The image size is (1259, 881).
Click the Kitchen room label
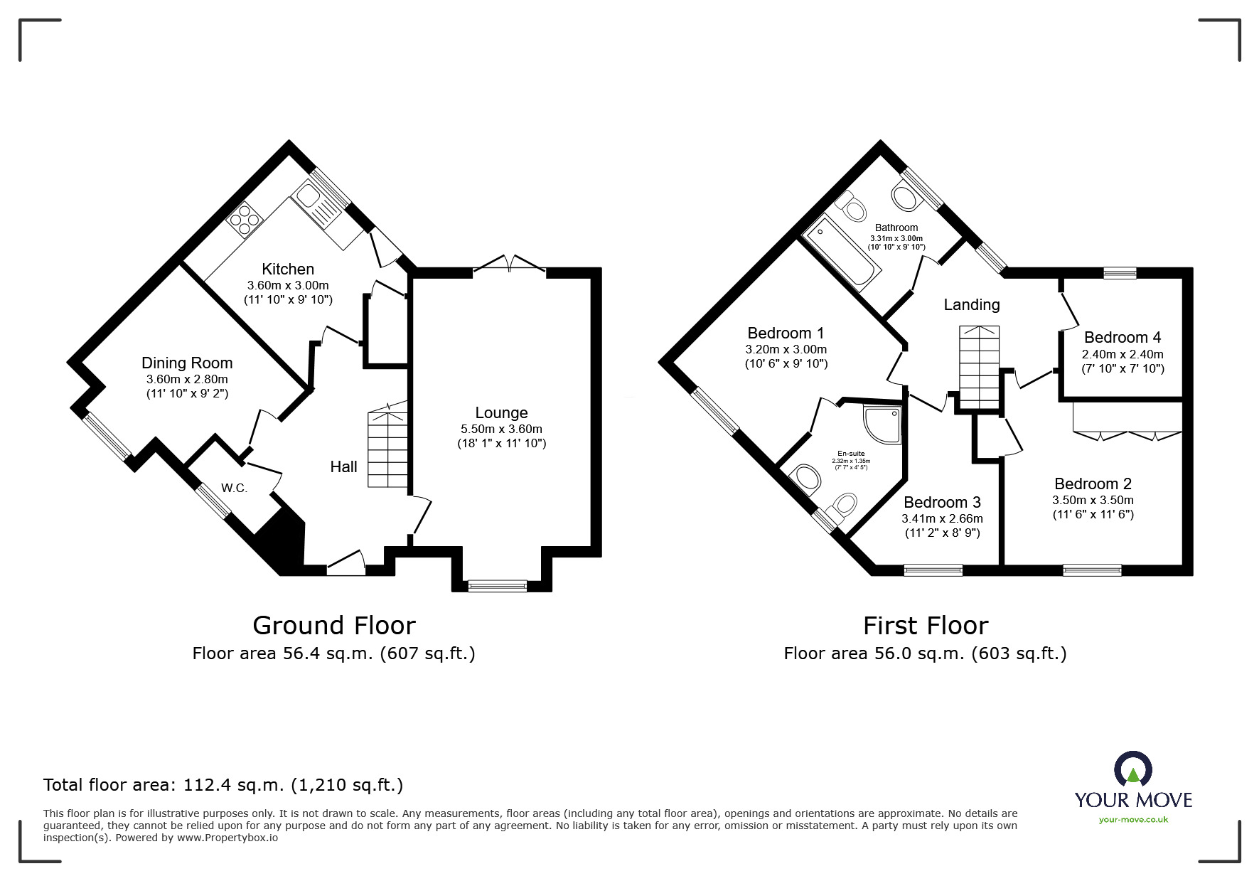click(x=288, y=269)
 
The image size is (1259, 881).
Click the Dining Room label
click(x=187, y=363)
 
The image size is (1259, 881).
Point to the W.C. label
click(x=234, y=488)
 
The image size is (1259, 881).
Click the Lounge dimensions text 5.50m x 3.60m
click(x=501, y=429)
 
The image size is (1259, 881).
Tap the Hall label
click(x=343, y=466)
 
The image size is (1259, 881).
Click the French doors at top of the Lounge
click(x=509, y=264)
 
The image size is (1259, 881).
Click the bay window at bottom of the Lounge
click(x=497, y=585)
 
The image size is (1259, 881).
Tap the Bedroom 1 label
click(x=786, y=333)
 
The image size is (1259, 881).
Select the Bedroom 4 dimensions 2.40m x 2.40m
click(x=1123, y=354)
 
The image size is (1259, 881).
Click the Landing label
click(x=971, y=304)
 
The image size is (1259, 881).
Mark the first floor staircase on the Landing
click(x=980, y=368)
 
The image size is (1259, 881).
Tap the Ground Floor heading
click(x=333, y=625)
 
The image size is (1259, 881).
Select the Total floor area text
click(x=223, y=785)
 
